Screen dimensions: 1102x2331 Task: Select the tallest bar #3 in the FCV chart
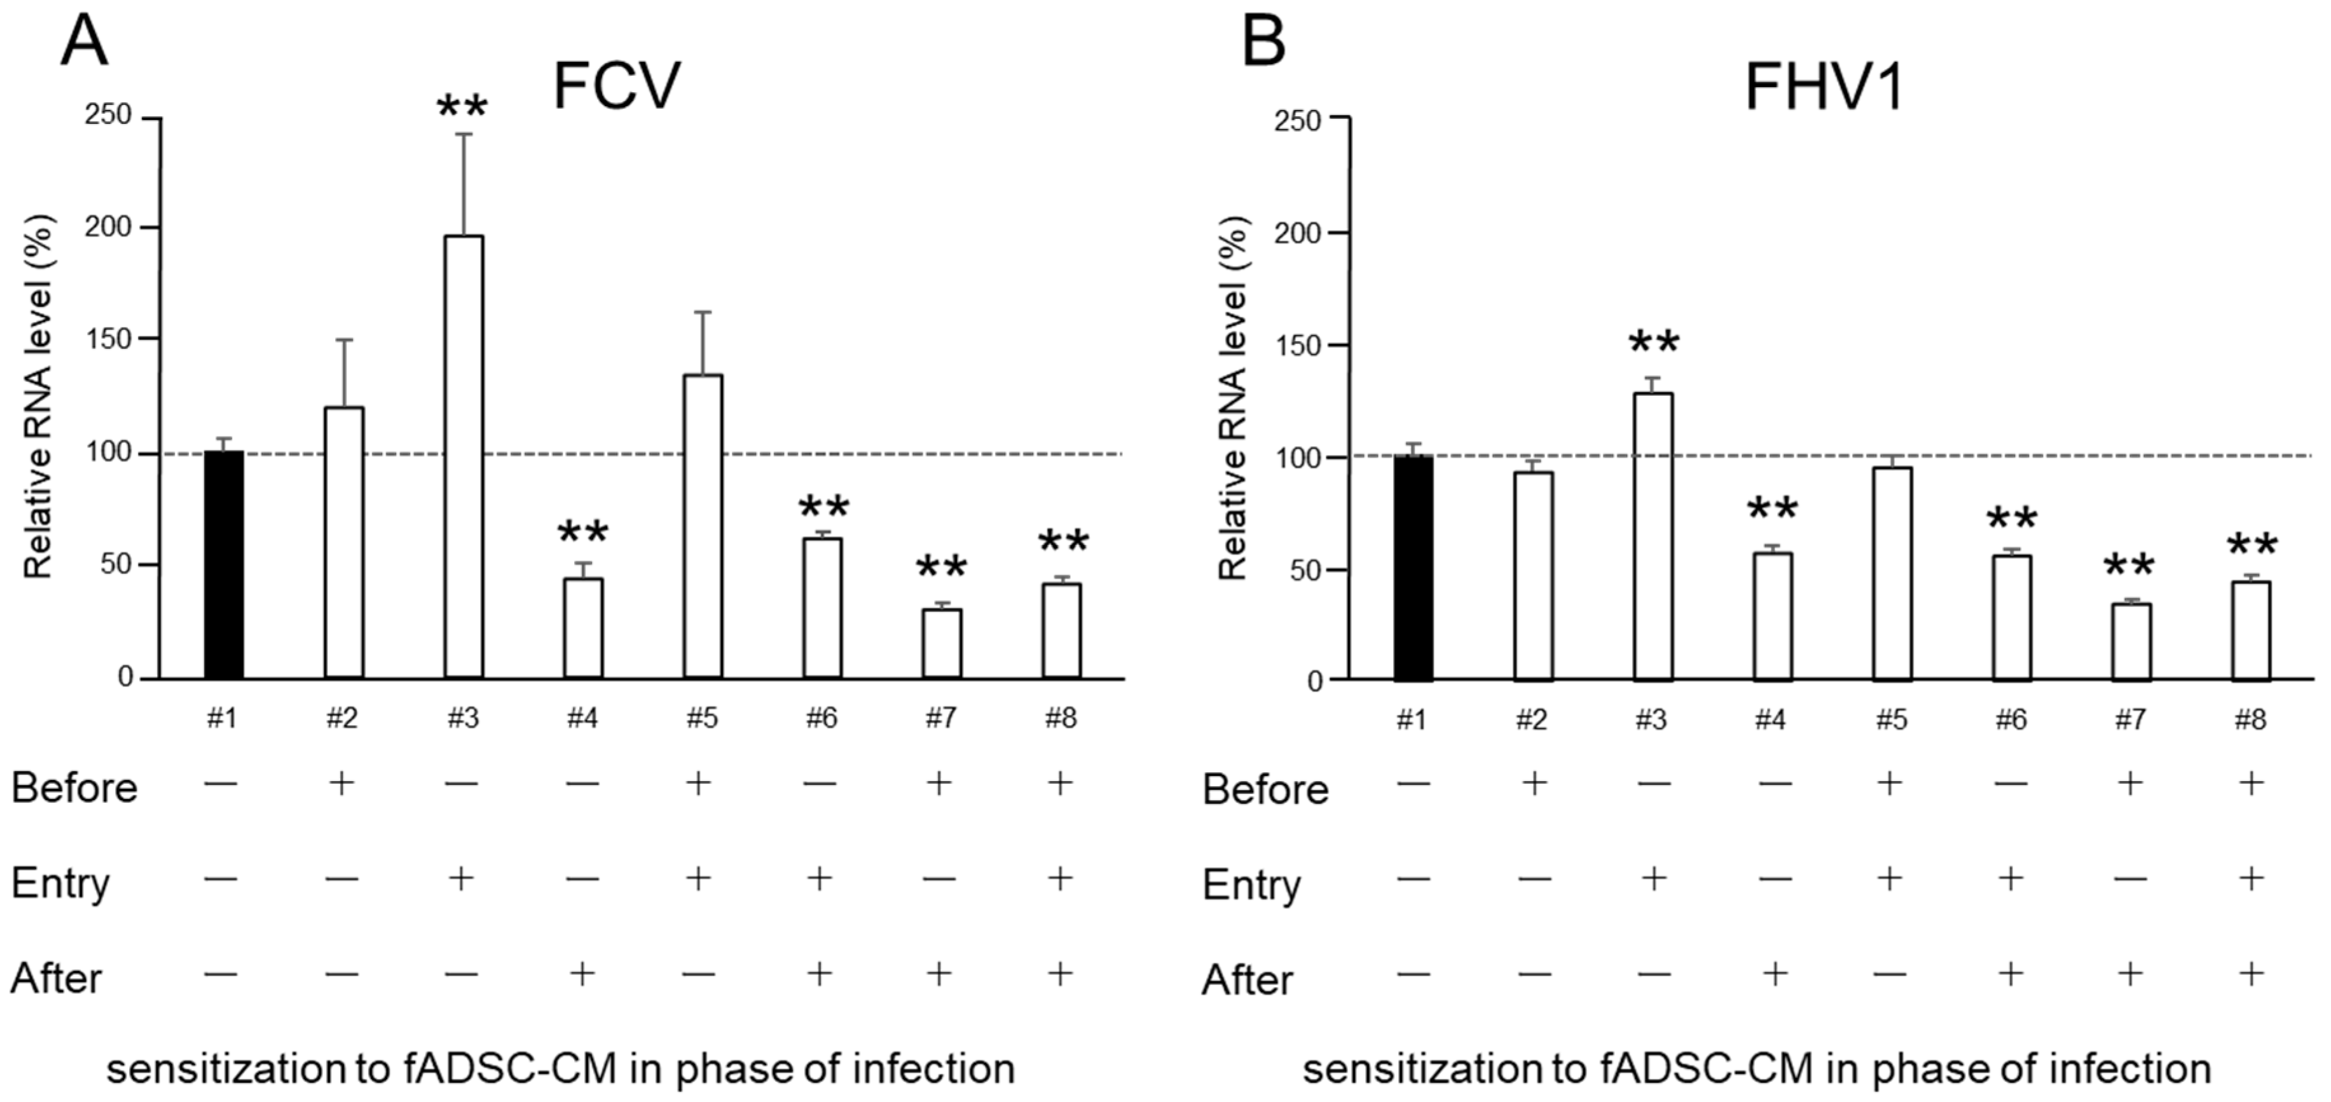click(x=464, y=457)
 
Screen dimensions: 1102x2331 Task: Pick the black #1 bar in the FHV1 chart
click(x=1413, y=568)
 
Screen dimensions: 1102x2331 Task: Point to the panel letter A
click(x=84, y=41)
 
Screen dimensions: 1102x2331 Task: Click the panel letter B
click(x=1264, y=41)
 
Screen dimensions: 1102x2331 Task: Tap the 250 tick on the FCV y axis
click(x=109, y=116)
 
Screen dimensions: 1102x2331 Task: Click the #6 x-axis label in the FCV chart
click(x=822, y=718)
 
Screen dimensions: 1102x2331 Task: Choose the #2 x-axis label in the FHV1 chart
click(x=1532, y=720)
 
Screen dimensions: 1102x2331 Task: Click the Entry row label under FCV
click(x=60, y=883)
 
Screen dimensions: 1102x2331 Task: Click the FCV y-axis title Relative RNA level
click(x=39, y=397)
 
